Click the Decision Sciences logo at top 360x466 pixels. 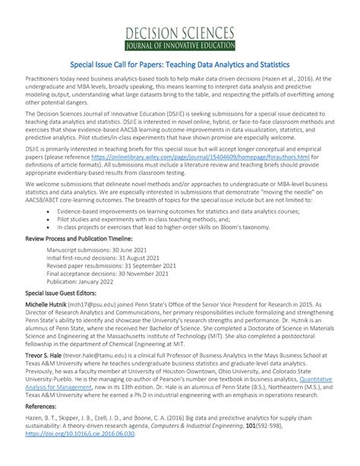pyautogui.click(x=180, y=36)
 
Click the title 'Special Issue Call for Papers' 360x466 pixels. pyautogui.click(x=179, y=66)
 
